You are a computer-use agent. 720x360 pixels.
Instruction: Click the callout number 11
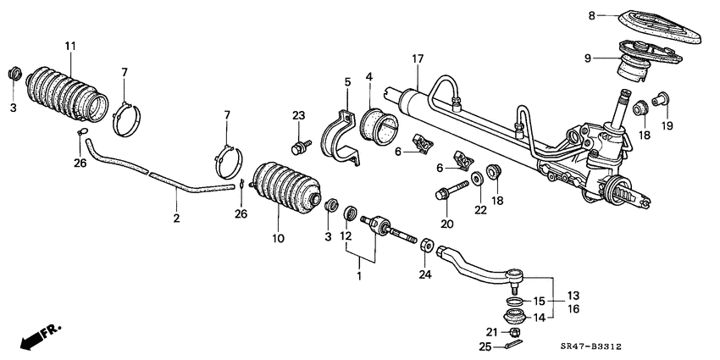69,44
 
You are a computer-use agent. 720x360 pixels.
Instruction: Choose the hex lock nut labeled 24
425,246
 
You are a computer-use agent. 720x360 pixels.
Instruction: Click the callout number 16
573,310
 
